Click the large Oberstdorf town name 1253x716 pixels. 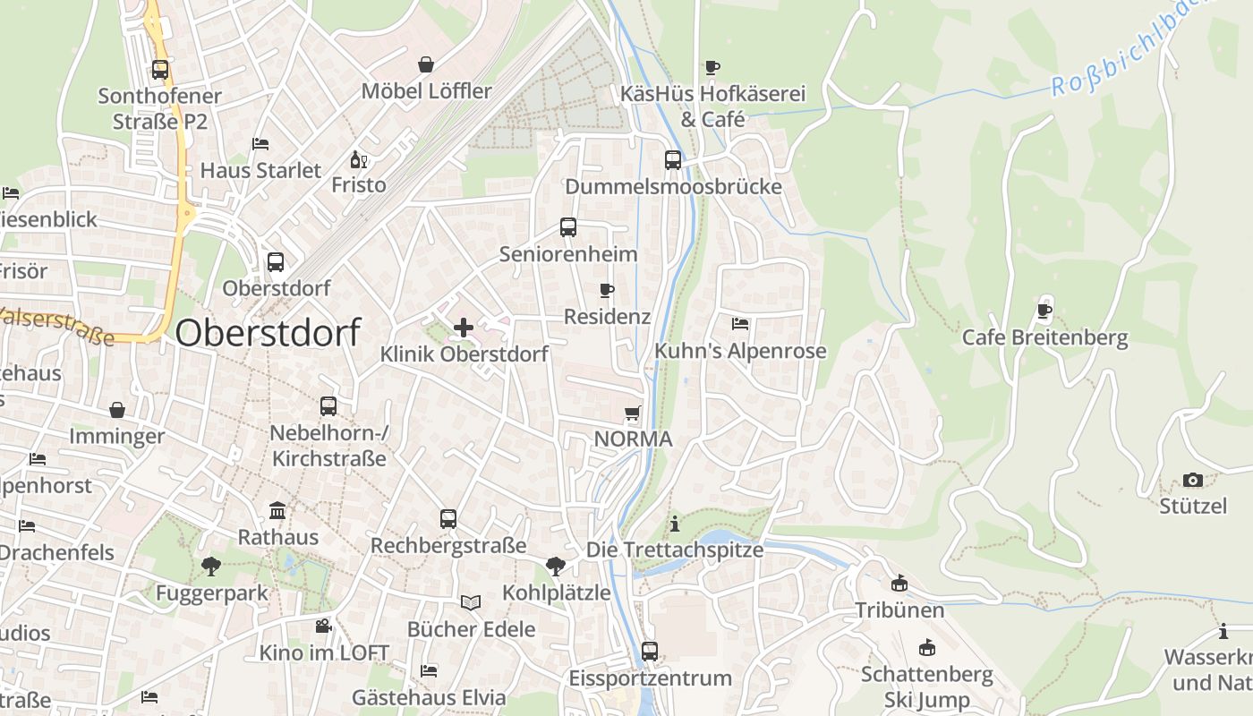tap(268, 333)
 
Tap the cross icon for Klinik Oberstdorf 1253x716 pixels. tap(464, 328)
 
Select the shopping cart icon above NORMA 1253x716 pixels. tap(633, 413)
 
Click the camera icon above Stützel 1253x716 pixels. tap(1193, 480)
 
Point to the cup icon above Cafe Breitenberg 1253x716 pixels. tap(1044, 311)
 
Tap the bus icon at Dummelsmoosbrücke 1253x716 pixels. tap(673, 160)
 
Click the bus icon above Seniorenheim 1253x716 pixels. tap(568, 227)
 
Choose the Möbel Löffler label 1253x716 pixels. tap(427, 91)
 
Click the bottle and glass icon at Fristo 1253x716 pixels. tap(358, 160)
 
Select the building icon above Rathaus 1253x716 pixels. tap(277, 510)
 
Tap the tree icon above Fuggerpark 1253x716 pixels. tap(211, 566)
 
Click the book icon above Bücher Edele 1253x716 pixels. tap(471, 602)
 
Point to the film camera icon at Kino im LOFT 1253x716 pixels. tap(323, 626)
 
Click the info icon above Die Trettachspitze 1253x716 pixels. tap(675, 523)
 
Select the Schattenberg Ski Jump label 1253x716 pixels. tap(927, 686)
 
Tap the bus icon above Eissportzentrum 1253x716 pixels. tap(650, 652)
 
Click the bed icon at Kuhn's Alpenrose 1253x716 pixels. tap(740, 324)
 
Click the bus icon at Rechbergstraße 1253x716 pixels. tap(448, 519)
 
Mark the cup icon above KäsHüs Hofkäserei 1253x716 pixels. tap(712, 67)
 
